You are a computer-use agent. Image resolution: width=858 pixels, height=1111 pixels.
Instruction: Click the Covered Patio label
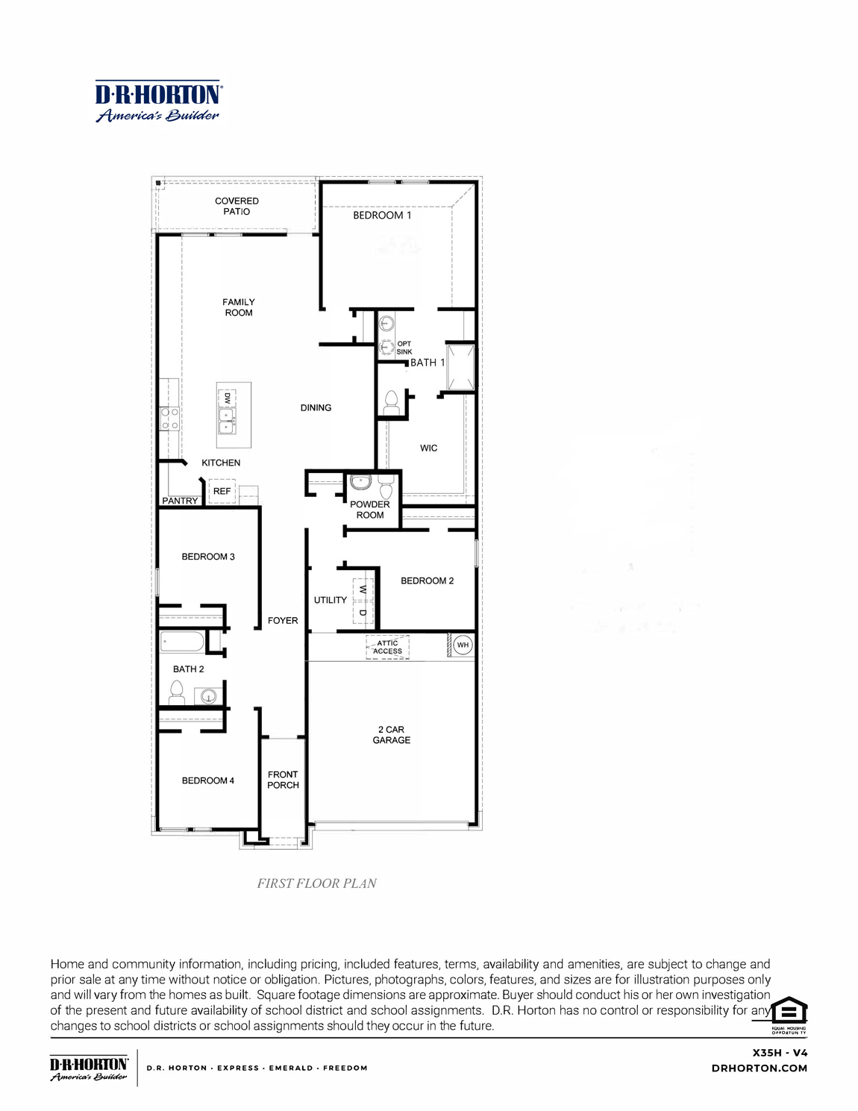pos(237,206)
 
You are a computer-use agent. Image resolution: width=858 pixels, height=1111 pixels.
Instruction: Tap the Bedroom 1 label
pos(382,215)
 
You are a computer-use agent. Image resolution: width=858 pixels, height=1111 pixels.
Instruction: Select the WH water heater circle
pos(463,645)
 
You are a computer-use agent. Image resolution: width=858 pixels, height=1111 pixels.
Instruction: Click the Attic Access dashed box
pos(387,647)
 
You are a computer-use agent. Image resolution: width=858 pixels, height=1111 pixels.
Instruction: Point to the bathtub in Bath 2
pos(182,642)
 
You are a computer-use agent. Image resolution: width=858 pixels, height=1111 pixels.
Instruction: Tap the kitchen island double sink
pos(226,421)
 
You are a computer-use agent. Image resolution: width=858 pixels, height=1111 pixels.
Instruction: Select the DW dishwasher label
pos(227,398)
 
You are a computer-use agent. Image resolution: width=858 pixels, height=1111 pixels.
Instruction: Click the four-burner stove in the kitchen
pos(169,418)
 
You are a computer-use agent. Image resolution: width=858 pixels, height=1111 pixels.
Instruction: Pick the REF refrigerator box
pos(222,491)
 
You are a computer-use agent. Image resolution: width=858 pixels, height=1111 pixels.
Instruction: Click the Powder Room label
pos(370,510)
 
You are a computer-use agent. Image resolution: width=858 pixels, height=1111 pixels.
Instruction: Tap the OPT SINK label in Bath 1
pos(404,348)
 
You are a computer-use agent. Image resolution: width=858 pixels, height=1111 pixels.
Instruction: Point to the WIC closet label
pos(428,448)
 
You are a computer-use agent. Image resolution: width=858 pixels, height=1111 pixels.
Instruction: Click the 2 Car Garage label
pos(391,735)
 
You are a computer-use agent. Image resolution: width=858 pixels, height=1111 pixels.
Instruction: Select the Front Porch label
pos(283,780)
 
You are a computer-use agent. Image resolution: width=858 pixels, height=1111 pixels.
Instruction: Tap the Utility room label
pos(330,600)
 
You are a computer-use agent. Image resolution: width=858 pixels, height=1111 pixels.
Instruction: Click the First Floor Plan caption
pos(316,883)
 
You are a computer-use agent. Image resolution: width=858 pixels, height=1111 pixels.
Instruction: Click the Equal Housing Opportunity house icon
pos(789,1012)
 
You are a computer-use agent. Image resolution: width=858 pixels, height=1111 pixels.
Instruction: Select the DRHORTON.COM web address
pos(759,1068)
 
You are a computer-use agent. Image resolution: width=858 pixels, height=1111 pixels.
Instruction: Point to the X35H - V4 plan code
pos(780,1053)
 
